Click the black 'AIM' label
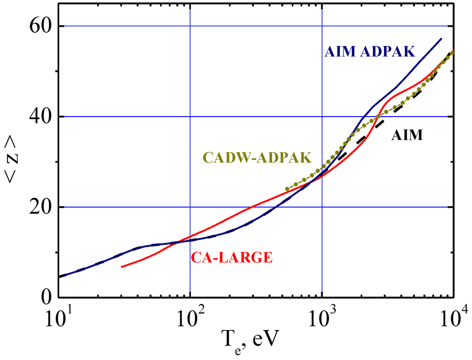[407, 136]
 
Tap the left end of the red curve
[121, 267]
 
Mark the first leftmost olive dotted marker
[287, 189]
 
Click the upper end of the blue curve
[441, 39]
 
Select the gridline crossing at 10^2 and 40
[190, 117]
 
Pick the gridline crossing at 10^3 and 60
[322, 26]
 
